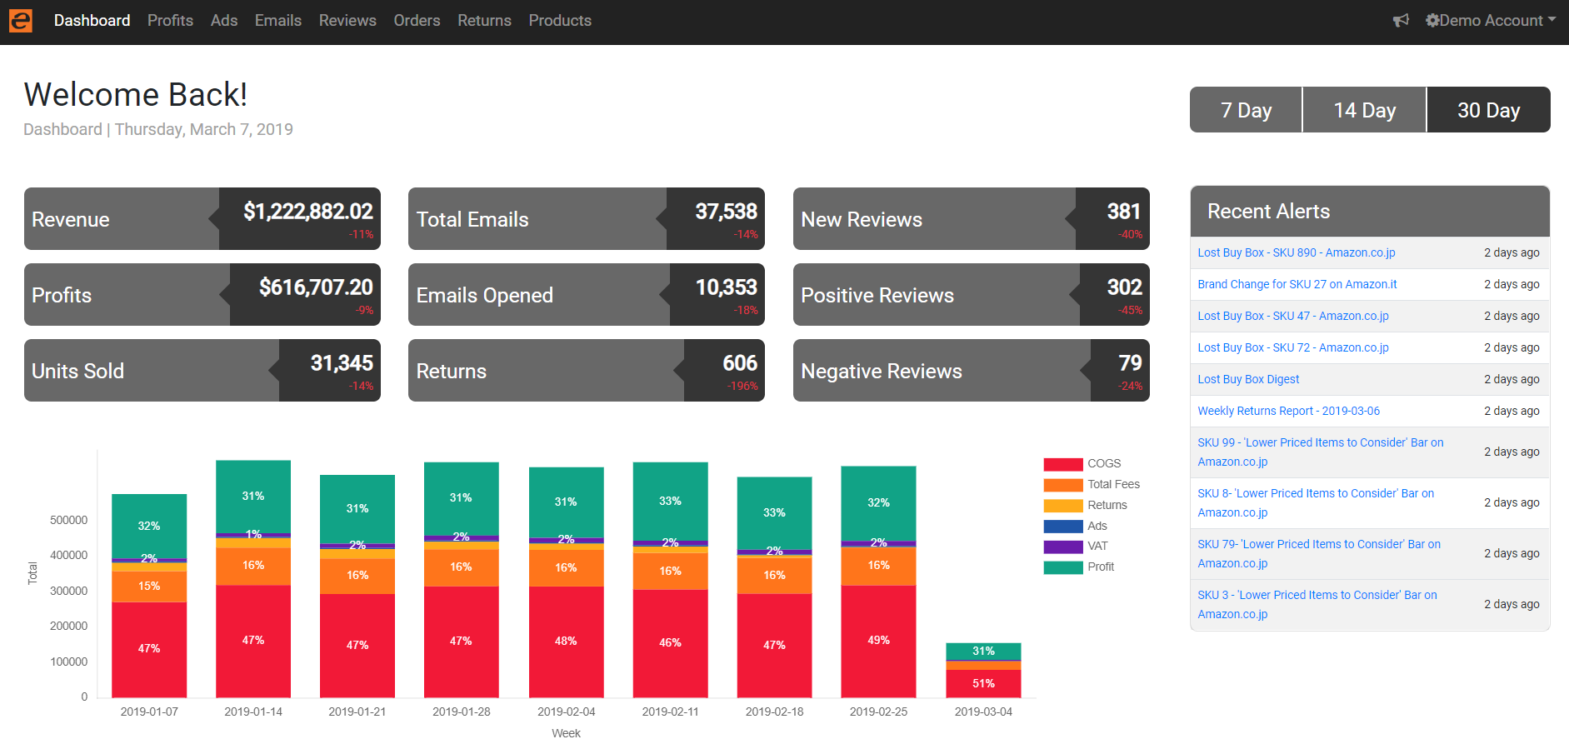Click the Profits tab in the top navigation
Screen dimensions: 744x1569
[170, 21]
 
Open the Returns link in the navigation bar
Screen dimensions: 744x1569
[484, 21]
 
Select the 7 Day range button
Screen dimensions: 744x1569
[1246, 110]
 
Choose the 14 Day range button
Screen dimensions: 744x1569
[1364, 110]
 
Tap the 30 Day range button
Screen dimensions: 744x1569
[1488, 110]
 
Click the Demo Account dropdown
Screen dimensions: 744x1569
[1491, 21]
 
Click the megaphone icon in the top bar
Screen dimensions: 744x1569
[1401, 21]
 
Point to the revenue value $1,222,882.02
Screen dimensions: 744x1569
[308, 212]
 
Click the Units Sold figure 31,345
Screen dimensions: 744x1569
[342, 363]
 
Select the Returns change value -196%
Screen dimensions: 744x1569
[742, 387]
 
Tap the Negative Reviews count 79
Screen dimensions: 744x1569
[1130, 363]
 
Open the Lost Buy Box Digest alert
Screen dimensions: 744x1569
[1248, 379]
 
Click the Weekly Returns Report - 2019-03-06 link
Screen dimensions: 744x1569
[1288, 411]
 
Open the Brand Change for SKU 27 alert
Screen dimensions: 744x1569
[1297, 284]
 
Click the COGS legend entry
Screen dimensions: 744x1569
[1103, 463]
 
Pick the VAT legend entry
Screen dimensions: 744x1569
[1097, 546]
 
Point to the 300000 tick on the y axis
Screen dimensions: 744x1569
[69, 591]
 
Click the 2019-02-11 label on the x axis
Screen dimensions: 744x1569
[670, 712]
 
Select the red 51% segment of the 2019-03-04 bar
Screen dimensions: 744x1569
[983, 683]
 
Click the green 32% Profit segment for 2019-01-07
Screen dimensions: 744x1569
[149, 526]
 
